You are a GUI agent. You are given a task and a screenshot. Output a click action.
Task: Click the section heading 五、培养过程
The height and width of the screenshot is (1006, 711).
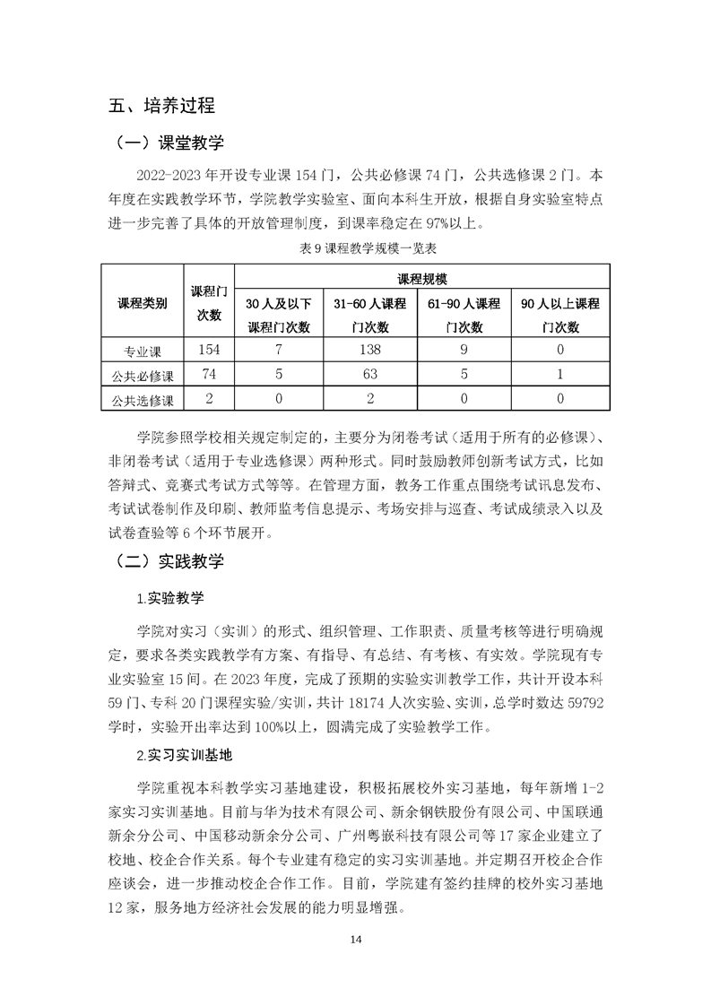162,106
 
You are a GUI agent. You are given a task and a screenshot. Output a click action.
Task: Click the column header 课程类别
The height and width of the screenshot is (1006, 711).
142,303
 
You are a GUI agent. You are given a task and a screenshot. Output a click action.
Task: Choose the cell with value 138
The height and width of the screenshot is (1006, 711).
370,350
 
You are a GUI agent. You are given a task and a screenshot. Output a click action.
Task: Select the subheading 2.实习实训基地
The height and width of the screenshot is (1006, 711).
187,755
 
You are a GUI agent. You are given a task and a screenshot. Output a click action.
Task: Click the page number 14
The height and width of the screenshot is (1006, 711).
355,939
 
